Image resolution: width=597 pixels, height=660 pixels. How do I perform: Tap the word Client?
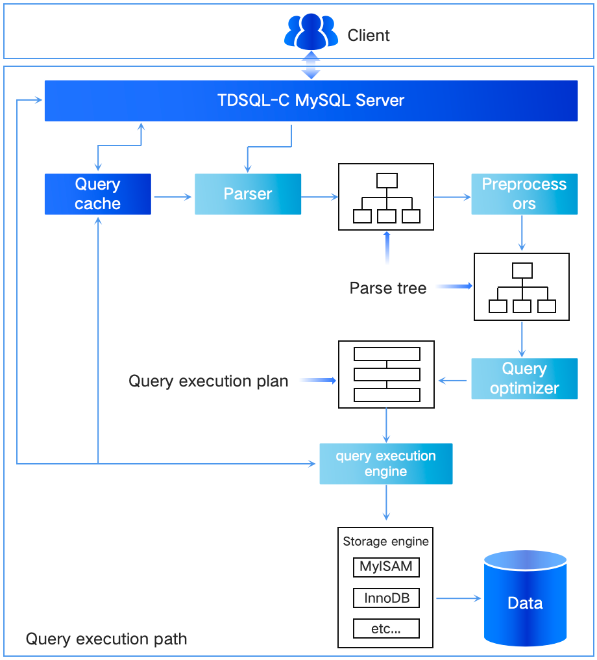pos(369,35)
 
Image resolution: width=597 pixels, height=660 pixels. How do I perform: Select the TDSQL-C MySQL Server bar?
pos(311,101)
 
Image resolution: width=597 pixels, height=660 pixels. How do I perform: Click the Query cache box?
pos(97,194)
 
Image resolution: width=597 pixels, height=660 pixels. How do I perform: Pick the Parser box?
pos(248,194)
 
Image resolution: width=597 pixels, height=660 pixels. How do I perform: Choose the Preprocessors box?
pos(524,194)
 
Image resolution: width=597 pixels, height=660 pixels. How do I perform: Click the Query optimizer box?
pos(524,378)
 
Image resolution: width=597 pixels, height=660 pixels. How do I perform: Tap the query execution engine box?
pos(385,464)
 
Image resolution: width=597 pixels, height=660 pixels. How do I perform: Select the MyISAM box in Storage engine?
pos(386,566)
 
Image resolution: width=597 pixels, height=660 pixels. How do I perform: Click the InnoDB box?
pos(386,598)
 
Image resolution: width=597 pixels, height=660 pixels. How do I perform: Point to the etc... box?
pos(386,628)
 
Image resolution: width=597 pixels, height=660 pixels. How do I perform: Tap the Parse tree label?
pos(388,288)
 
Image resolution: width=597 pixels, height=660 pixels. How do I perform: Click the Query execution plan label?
pos(208,381)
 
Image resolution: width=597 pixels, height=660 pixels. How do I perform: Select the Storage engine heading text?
pos(386,541)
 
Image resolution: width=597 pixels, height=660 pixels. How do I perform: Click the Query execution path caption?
pos(106,639)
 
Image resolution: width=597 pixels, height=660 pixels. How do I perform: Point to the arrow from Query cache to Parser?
pos(173,194)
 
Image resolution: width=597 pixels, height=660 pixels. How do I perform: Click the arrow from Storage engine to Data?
pos(458,598)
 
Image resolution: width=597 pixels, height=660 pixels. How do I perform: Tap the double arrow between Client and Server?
pos(311,65)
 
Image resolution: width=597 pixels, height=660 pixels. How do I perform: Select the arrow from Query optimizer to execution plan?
pos(454,380)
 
